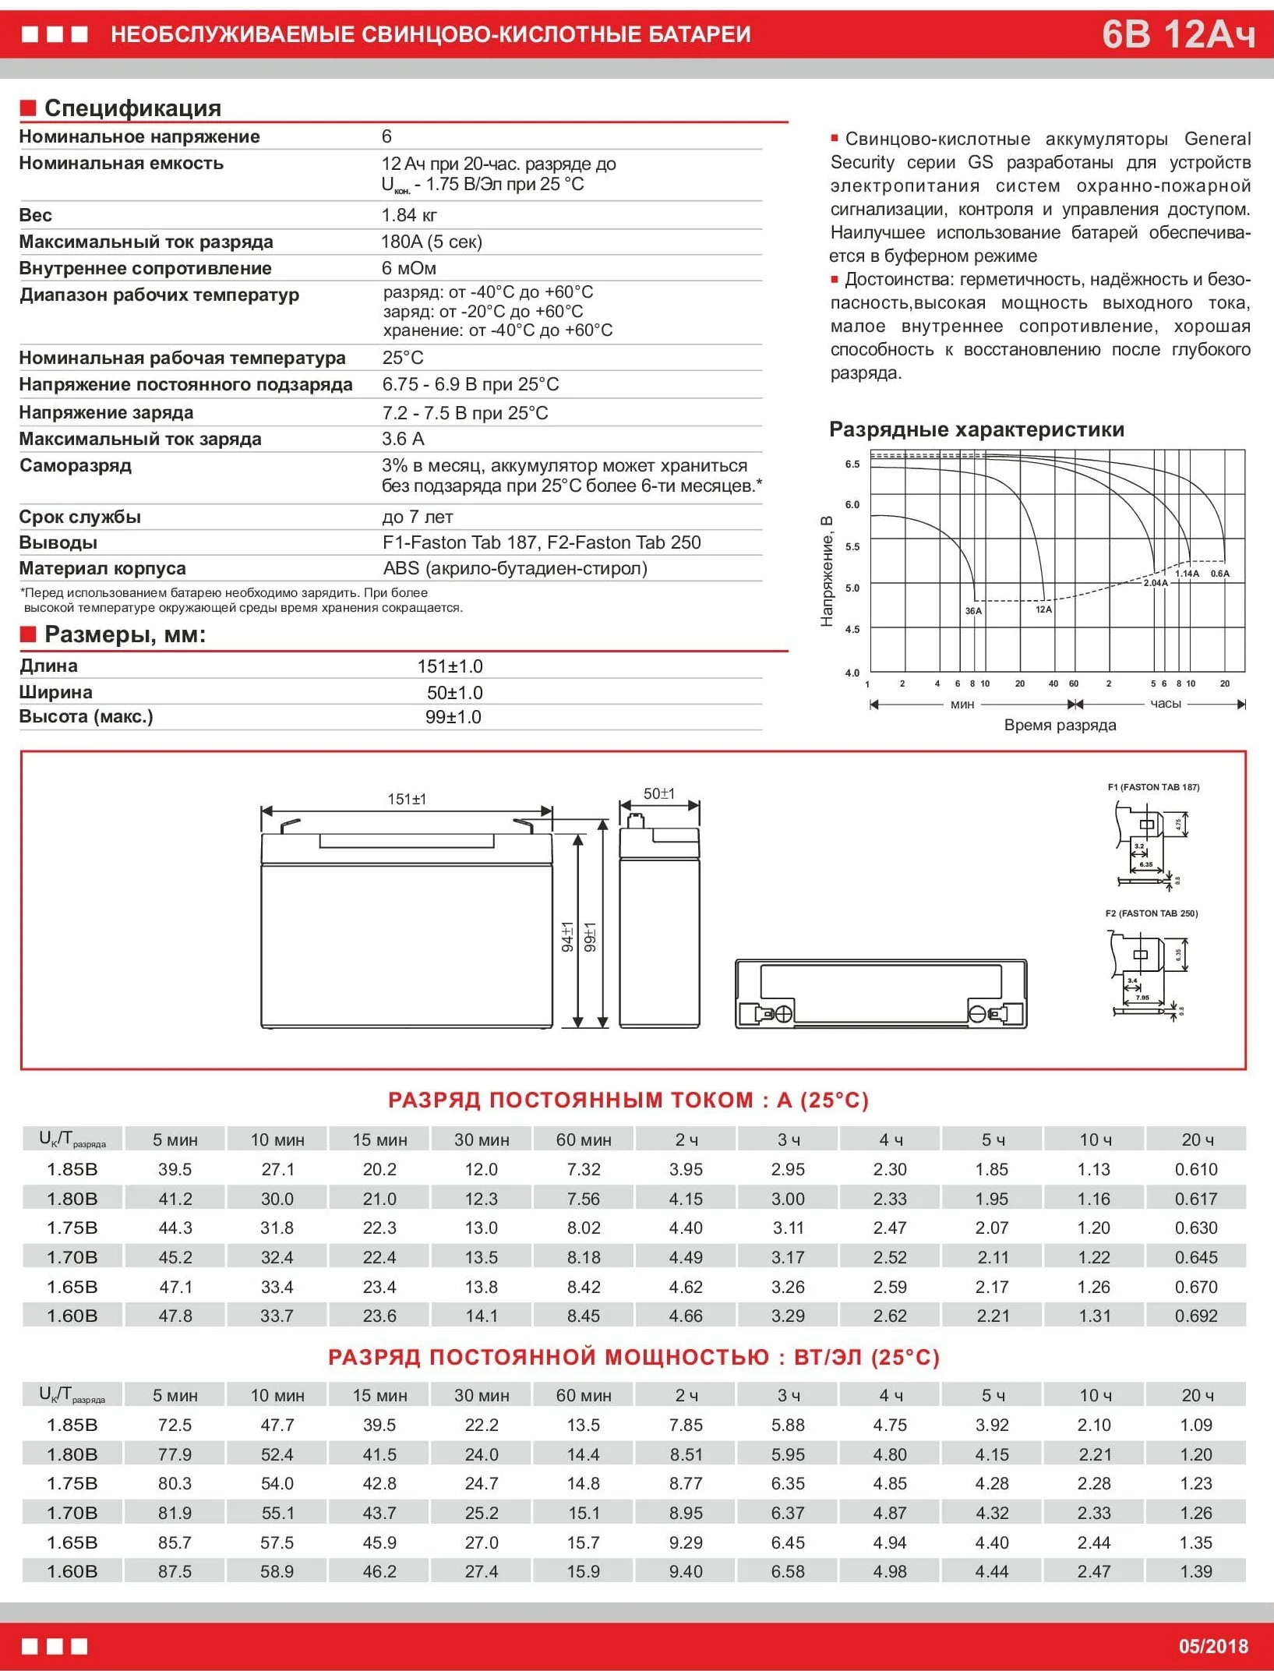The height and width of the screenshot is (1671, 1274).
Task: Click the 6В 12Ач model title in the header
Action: tap(1177, 34)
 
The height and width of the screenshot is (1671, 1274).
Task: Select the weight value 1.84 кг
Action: tap(409, 215)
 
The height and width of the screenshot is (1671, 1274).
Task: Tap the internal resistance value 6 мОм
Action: tap(408, 268)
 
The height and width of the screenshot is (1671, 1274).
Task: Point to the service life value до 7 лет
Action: tap(417, 517)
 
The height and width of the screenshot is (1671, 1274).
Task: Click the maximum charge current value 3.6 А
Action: tap(403, 439)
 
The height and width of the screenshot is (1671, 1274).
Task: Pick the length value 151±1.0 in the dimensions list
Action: tap(450, 666)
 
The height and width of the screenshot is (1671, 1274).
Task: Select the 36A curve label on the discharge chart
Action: tap(973, 611)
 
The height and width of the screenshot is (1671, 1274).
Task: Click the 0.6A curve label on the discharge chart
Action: tap(1219, 574)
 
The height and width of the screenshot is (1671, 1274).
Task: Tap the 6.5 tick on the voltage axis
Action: tap(852, 465)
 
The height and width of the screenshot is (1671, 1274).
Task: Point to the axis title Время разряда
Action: tap(1060, 725)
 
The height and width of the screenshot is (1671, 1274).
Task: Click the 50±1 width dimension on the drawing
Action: tap(659, 793)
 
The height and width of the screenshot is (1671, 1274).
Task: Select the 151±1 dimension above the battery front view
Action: tap(407, 799)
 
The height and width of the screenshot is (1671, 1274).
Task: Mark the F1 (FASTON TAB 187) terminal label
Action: tap(1153, 787)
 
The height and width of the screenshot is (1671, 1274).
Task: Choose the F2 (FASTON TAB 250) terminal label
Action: tap(1152, 913)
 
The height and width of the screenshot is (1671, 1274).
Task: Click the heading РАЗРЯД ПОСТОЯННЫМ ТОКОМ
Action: tap(628, 1100)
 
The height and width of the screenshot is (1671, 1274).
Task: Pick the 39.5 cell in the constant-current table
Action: tap(175, 1169)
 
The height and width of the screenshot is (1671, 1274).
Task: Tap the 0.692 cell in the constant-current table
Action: tap(1196, 1316)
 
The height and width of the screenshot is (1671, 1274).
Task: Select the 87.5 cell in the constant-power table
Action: tap(175, 1571)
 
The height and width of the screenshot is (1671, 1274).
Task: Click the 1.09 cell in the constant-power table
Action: tap(1196, 1425)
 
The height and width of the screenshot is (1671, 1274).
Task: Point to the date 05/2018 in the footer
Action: tap(1212, 1646)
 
